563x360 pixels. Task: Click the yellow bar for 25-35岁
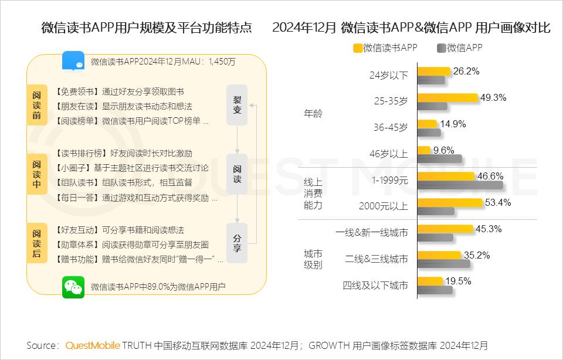(x=447, y=97)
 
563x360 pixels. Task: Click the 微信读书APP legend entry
(x=385, y=48)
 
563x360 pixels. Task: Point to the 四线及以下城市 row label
(x=375, y=286)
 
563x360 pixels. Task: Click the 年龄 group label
(x=313, y=114)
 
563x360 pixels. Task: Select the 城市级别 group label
(x=313, y=259)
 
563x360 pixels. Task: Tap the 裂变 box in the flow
(x=237, y=105)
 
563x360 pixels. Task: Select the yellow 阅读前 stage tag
(x=37, y=105)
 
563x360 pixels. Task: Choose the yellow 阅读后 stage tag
(x=37, y=243)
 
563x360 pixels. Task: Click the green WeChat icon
(x=73, y=287)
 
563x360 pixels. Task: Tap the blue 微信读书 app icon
(x=73, y=60)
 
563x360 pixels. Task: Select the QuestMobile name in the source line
(x=93, y=345)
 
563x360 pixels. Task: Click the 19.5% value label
(x=458, y=281)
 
